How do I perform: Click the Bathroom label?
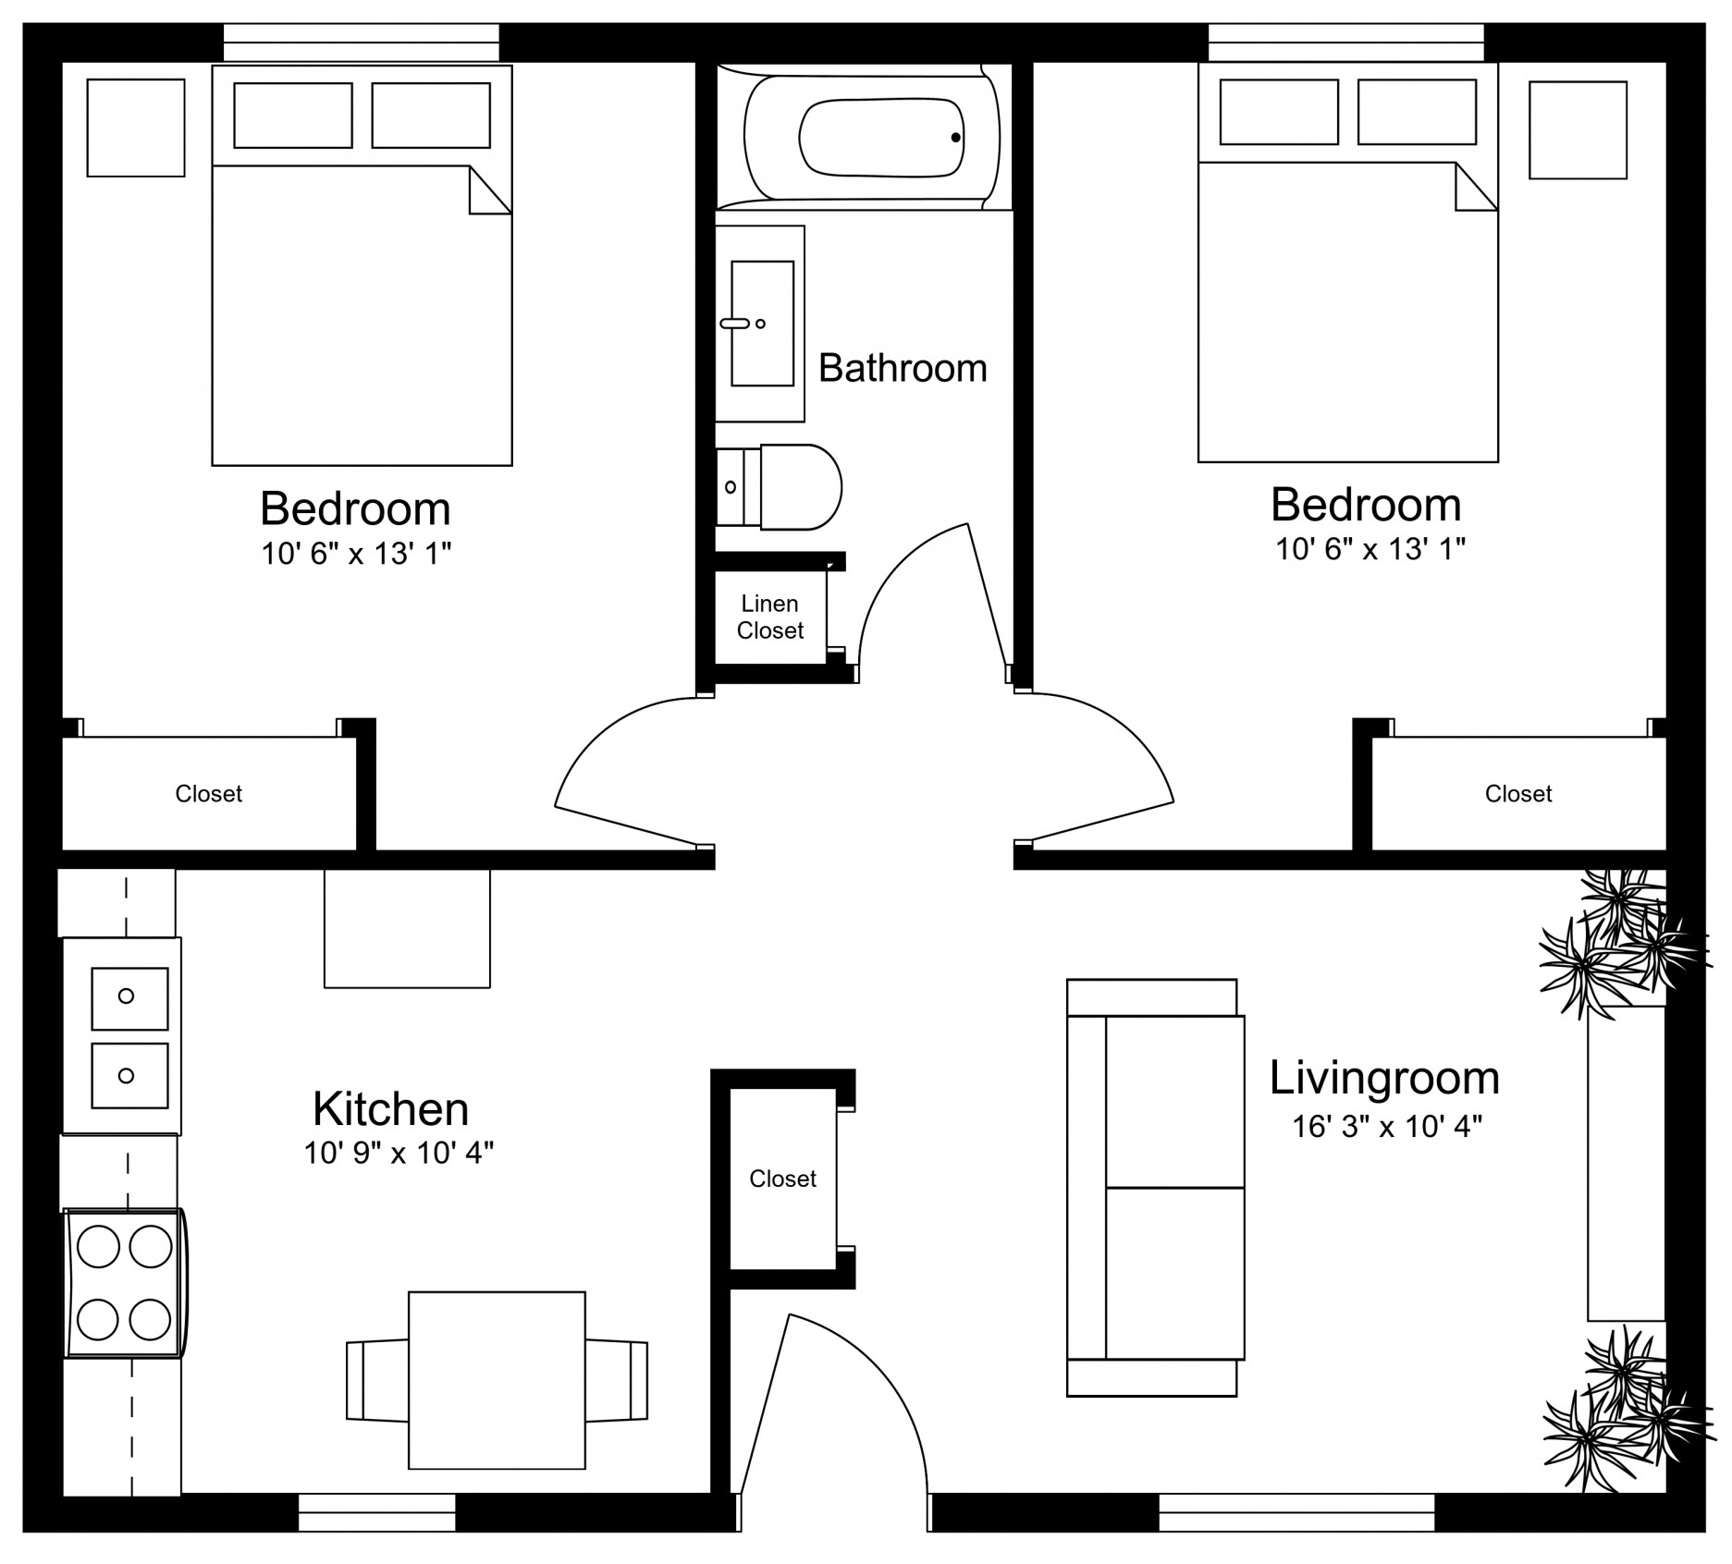coord(903,368)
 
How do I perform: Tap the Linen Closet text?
coord(770,617)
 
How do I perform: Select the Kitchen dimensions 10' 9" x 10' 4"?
coord(399,1153)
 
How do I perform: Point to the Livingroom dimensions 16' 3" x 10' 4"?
coord(1387,1126)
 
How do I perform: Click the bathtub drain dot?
coord(955,138)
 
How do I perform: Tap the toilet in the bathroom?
coord(779,487)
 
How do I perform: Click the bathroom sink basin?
coord(762,324)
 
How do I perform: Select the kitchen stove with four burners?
coord(125,1283)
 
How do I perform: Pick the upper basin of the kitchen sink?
coord(129,998)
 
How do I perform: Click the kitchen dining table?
coord(497,1380)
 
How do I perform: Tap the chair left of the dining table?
coord(377,1380)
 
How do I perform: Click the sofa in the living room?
coord(1156,1188)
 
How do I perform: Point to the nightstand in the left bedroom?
coord(136,128)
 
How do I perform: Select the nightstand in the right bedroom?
coord(1578,130)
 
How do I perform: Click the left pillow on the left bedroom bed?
coord(293,116)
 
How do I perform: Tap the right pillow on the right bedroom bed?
coord(1417,112)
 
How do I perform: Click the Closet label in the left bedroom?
coord(209,794)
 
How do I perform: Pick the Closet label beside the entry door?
coord(783,1179)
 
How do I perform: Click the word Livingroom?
coord(1384,1078)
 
